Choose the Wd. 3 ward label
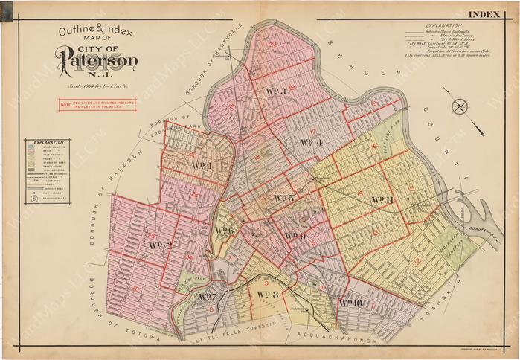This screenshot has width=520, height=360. click(277, 91)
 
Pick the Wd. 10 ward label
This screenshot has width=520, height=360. click(350, 303)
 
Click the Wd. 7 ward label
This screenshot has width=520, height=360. click(208, 298)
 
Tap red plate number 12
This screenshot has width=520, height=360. click(417, 260)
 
